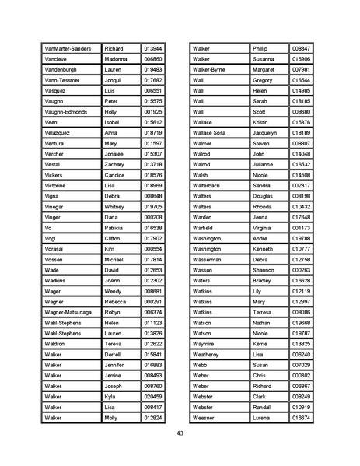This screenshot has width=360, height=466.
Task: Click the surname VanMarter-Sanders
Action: [x=69, y=48]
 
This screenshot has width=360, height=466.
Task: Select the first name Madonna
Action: [x=117, y=58]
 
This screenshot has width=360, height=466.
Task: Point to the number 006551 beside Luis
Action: [x=152, y=90]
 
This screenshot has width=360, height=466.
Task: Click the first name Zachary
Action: [x=115, y=164]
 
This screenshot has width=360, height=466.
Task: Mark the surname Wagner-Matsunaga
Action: [x=68, y=312]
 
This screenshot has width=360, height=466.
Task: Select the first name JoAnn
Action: [x=114, y=280]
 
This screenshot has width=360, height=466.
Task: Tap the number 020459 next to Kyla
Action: [x=152, y=396]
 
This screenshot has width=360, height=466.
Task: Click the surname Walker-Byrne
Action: [x=209, y=69]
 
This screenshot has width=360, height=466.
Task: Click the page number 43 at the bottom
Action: [x=180, y=433]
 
